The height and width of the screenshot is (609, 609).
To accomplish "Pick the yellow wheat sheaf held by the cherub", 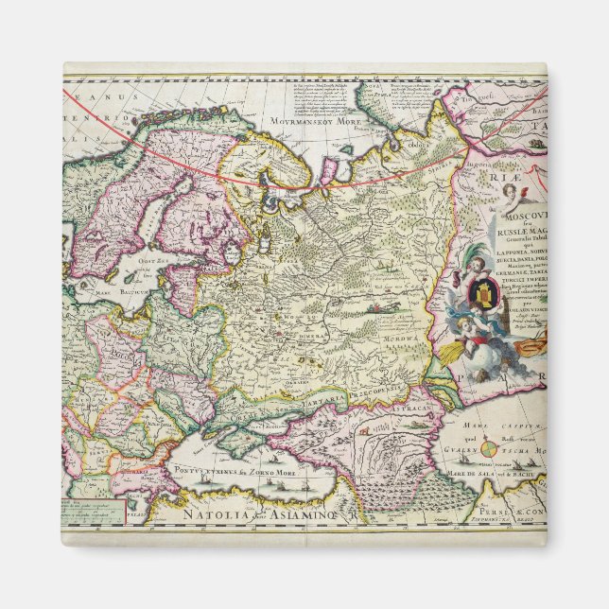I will pos(455,352).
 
